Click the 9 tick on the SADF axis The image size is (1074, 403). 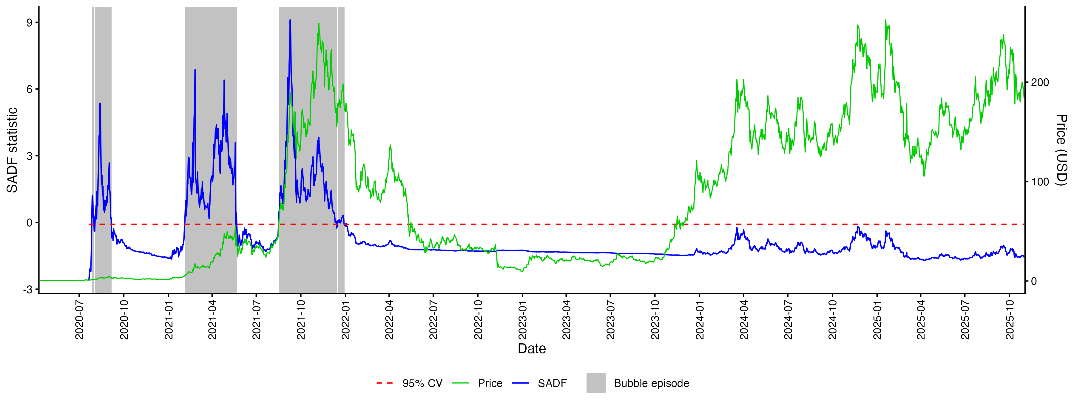[x=29, y=22]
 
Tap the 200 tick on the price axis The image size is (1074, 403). [x=1040, y=82]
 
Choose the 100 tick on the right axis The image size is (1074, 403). [x=1040, y=182]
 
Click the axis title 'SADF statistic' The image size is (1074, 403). [x=12, y=150]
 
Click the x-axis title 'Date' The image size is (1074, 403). [x=532, y=349]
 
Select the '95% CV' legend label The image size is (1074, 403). [x=422, y=383]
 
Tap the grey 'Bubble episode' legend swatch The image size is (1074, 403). [x=596, y=383]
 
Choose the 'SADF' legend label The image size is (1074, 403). [x=552, y=383]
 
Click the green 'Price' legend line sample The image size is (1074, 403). [x=460, y=383]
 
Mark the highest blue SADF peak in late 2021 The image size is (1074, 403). [x=290, y=20]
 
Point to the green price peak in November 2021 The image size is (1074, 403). [x=319, y=24]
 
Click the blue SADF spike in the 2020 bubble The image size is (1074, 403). [x=100, y=104]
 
